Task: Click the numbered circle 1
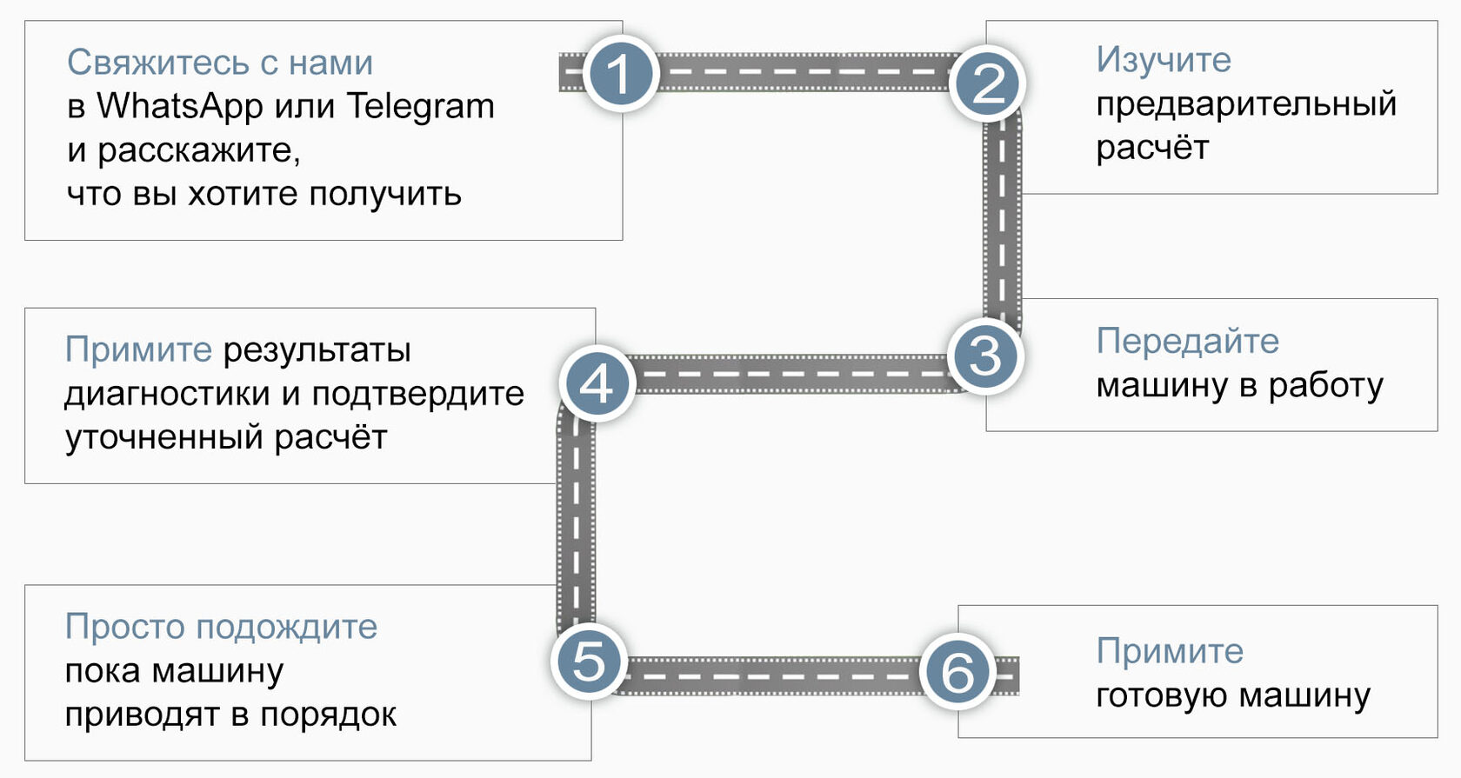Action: [619, 73]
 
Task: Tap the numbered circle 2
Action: [988, 84]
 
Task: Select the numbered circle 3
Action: [985, 356]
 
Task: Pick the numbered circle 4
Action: [597, 383]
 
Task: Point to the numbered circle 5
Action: [589, 662]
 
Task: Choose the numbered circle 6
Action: [957, 671]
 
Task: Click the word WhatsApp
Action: [180, 106]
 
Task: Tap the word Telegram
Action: [420, 106]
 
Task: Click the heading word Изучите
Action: [1164, 59]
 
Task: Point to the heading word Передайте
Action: [1187, 341]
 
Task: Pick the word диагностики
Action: [167, 394]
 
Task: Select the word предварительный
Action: [1245, 103]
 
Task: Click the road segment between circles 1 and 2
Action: [804, 72]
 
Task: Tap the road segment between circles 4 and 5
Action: [575, 522]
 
